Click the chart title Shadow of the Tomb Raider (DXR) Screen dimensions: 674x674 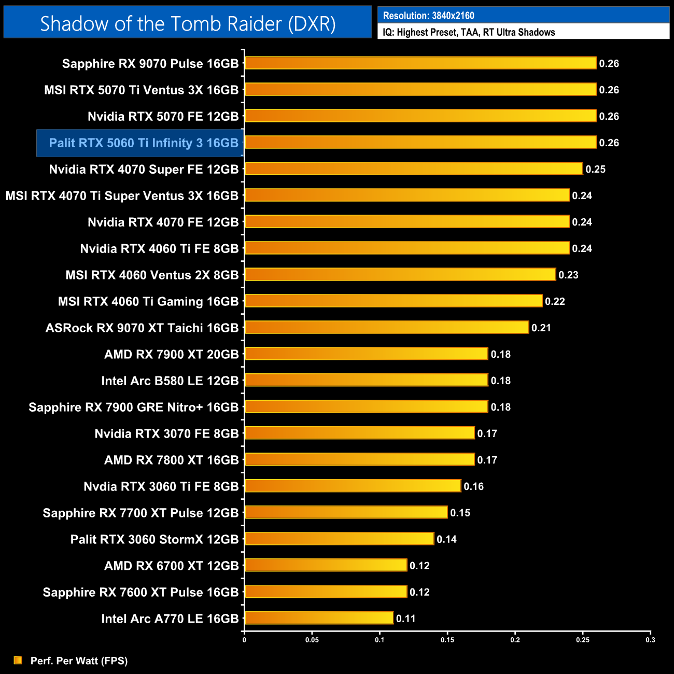pyautogui.click(x=188, y=23)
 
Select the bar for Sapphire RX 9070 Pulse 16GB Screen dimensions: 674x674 pyautogui.click(x=420, y=63)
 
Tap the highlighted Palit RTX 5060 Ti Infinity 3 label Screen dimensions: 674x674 pyautogui.click(x=143, y=143)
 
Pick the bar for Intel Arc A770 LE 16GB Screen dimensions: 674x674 pyautogui.click(x=319, y=618)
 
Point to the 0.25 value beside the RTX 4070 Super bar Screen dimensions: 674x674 pyautogui.click(x=595, y=170)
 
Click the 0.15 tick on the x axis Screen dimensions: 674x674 pyautogui.click(x=447, y=640)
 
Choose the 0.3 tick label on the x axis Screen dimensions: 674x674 pyautogui.click(x=650, y=640)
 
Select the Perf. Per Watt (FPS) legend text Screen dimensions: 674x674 pyautogui.click(x=79, y=661)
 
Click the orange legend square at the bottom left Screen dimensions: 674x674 pyautogui.click(x=18, y=660)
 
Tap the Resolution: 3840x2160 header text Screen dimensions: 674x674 pyautogui.click(x=428, y=16)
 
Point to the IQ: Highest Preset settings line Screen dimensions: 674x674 pyautogui.click(x=469, y=32)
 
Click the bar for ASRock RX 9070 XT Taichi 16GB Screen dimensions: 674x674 pyautogui.click(x=387, y=327)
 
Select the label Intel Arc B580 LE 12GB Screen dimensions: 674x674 pyautogui.click(x=170, y=381)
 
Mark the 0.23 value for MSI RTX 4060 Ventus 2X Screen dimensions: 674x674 pyautogui.click(x=568, y=275)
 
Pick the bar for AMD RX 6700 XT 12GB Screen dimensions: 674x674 pyautogui.click(x=326, y=565)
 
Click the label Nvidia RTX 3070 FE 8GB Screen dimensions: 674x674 pyautogui.click(x=166, y=434)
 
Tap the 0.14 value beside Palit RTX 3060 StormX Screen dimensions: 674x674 pyautogui.click(x=446, y=540)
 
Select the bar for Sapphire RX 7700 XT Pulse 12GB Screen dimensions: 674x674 pyautogui.click(x=346, y=512)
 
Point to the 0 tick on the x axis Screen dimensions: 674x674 pyautogui.click(x=244, y=640)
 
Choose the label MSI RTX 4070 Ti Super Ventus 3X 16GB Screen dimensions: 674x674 pyautogui.click(x=122, y=196)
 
